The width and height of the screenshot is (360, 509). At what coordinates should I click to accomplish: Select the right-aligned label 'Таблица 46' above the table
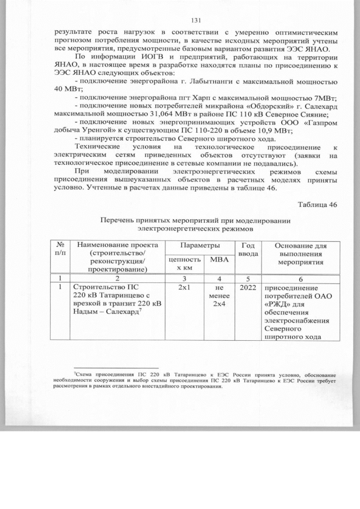(317, 204)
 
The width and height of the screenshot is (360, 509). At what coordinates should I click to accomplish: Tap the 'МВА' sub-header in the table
(215, 260)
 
